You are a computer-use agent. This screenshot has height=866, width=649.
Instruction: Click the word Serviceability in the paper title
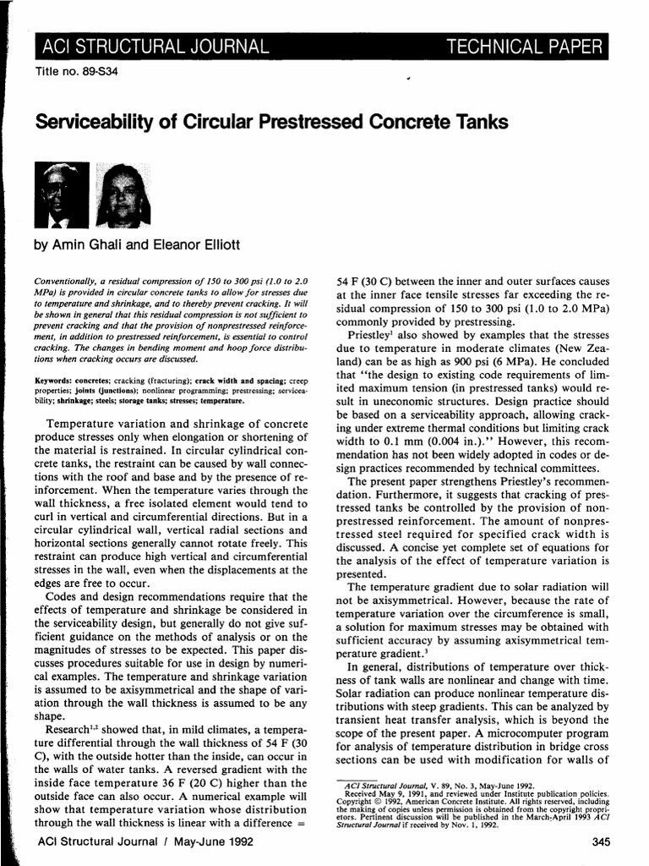point(95,123)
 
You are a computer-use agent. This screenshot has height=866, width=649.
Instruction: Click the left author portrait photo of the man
point(61,195)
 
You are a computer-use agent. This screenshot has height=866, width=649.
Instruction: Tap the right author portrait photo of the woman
point(124,195)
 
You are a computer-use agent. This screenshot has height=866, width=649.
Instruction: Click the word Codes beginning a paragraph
point(67,597)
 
